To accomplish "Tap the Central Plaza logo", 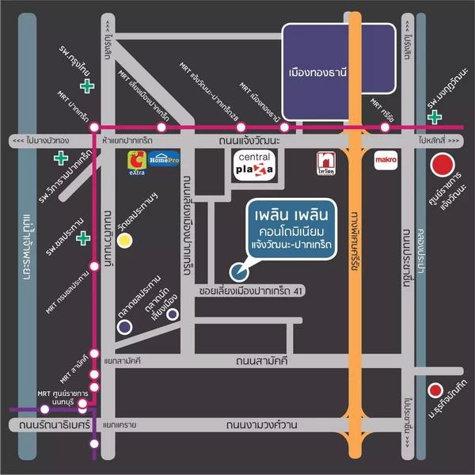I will [x=254, y=165].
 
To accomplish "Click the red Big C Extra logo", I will [x=138, y=161].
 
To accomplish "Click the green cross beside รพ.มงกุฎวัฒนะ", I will [x=434, y=117].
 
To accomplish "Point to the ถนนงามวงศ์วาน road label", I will [x=261, y=425].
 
